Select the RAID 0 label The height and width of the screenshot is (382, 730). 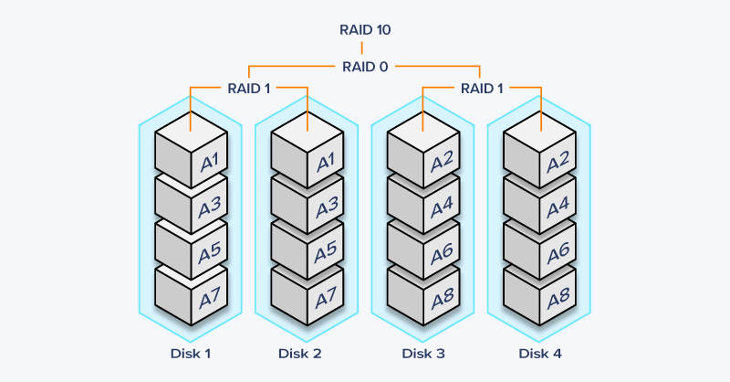(x=365, y=66)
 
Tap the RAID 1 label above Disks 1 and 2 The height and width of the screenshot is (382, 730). (x=248, y=89)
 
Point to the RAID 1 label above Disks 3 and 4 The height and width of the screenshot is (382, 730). (x=482, y=89)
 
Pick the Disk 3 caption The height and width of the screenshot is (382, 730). (x=423, y=354)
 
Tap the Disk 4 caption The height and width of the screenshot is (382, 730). (x=540, y=354)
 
